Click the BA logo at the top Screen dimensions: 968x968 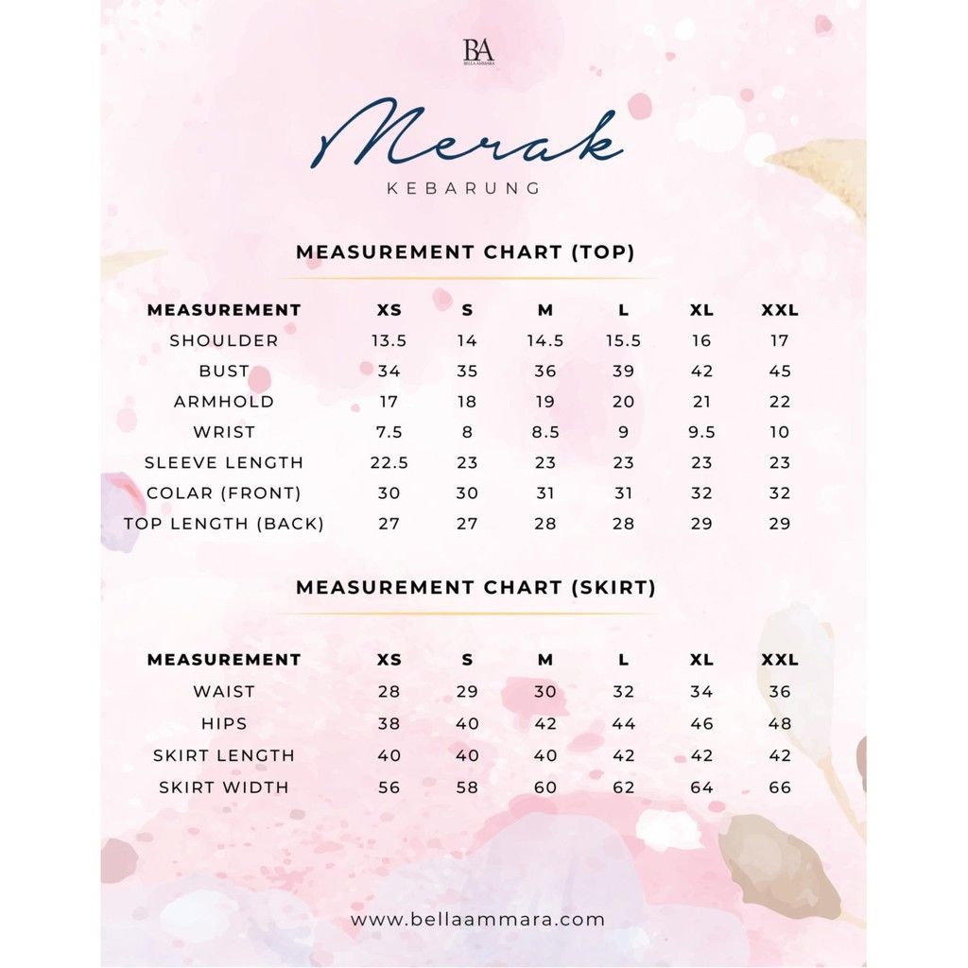(478, 51)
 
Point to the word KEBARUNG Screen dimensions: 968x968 (464, 188)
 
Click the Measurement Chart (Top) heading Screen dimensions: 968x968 (465, 252)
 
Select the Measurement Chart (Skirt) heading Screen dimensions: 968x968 (475, 587)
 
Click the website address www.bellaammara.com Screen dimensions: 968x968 (477, 919)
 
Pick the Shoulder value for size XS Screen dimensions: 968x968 (389, 340)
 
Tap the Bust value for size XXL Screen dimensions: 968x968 (780, 371)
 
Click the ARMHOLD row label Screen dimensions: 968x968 (224, 402)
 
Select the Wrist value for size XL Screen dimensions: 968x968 (701, 432)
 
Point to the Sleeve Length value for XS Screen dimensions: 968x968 (389, 462)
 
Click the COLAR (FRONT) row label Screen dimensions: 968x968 (224, 493)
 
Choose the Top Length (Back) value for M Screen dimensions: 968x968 (545, 524)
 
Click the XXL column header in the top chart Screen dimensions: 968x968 (780, 310)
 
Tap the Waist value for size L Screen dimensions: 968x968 (623, 691)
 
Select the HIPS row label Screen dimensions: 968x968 (224, 723)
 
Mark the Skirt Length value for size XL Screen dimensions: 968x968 (701, 755)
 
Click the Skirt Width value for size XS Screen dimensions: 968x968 (389, 787)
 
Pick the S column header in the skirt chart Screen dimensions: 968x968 (467, 660)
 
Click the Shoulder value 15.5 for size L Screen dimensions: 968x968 (623, 340)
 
